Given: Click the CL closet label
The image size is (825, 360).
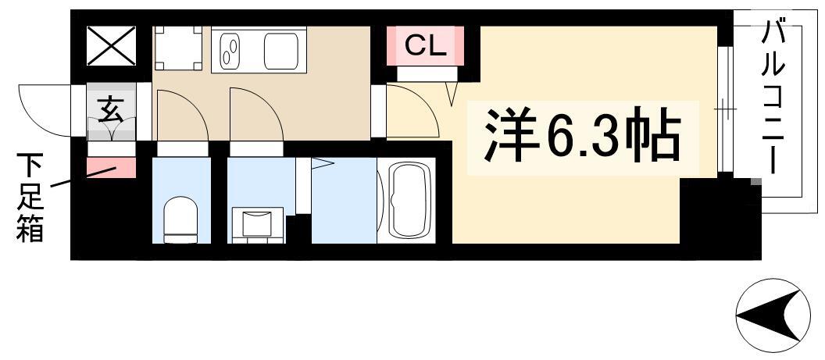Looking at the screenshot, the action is [425, 47].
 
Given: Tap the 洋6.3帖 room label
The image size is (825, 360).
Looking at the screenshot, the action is [581, 137].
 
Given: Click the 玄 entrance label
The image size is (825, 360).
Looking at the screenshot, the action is [111, 112].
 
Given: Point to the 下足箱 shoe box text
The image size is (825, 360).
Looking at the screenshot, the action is [29, 197].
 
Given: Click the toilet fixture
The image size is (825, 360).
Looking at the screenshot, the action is [180, 219].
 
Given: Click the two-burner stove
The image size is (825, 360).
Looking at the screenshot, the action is [230, 51].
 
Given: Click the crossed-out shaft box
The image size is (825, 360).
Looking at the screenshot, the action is [111, 46].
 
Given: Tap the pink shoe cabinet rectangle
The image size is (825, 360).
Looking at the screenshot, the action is [111, 168].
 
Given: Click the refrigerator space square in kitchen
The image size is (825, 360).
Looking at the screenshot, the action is [178, 48].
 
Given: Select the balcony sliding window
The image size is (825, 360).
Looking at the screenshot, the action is [725, 109].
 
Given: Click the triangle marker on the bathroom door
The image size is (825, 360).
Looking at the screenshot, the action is [322, 164].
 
